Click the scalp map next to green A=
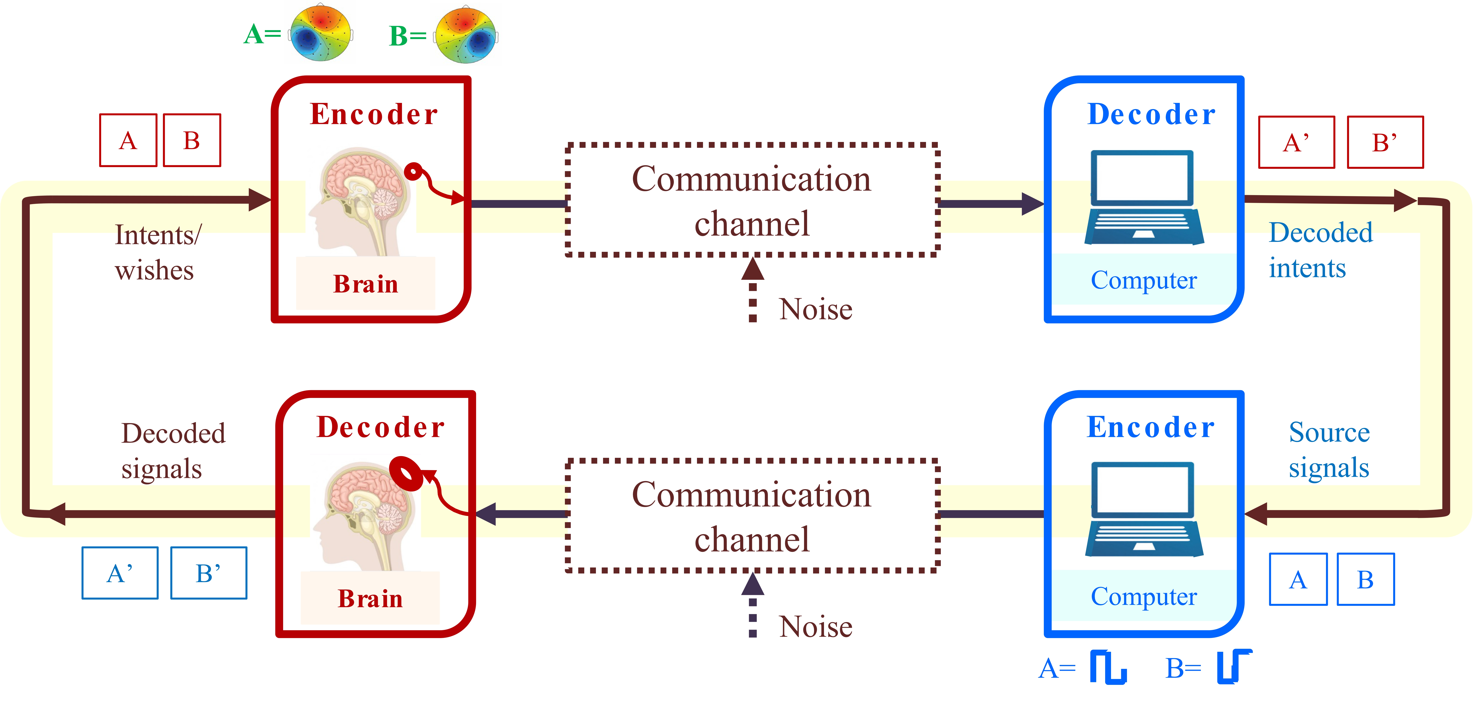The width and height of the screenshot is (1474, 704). pyautogui.click(x=321, y=33)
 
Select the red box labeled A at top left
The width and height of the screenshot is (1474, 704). pyautogui.click(x=128, y=140)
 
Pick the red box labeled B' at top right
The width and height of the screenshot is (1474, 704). pyautogui.click(x=1385, y=142)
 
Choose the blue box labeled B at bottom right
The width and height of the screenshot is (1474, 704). pyautogui.click(x=1365, y=579)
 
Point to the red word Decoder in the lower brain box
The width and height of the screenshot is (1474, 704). pyautogui.click(x=380, y=427)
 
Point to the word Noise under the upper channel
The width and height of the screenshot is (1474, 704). pyautogui.click(x=815, y=309)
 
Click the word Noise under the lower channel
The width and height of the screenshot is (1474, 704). pyautogui.click(x=815, y=627)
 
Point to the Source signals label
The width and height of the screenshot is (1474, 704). pyautogui.click(x=1329, y=450)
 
